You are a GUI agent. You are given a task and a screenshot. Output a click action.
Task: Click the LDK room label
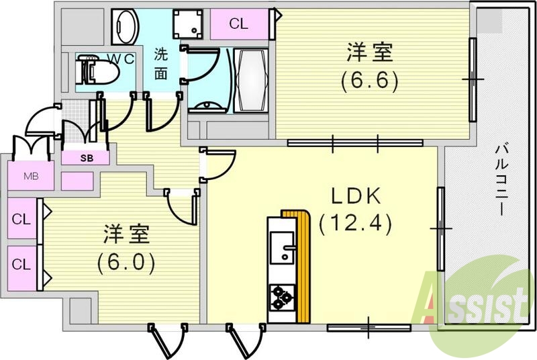click(356, 197)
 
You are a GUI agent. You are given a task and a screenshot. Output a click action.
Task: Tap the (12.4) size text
click(356, 221)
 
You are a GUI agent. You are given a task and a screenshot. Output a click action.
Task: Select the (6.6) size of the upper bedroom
click(369, 81)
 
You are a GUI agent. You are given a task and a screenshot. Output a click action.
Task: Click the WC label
click(121, 59)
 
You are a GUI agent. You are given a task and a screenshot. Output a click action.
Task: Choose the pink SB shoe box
click(87, 159)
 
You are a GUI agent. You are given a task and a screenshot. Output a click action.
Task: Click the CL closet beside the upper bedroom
click(238, 24)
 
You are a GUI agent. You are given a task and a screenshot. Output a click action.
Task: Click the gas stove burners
click(281, 296)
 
